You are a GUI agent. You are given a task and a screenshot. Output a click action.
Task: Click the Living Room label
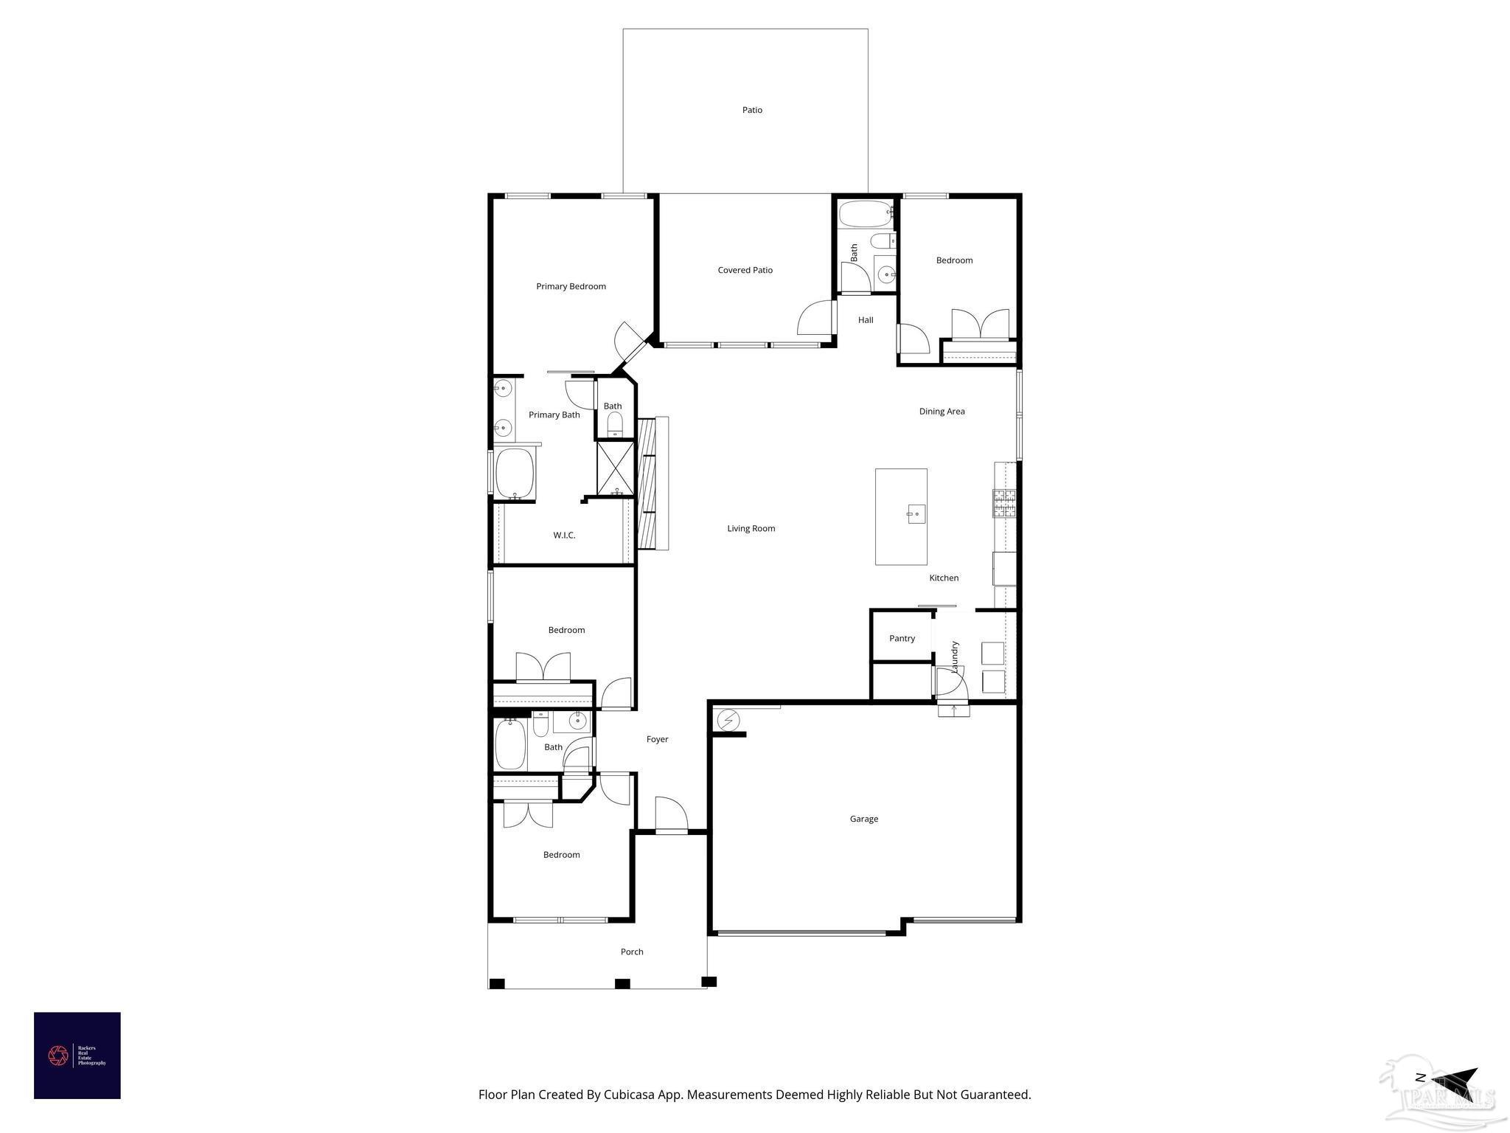click(x=751, y=528)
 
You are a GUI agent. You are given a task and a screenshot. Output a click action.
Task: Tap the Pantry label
click(x=902, y=638)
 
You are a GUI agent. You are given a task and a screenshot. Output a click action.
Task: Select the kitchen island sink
click(x=916, y=513)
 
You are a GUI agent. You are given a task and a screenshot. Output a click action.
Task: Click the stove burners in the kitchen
click(x=1004, y=503)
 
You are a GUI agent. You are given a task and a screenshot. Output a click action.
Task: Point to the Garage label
click(x=863, y=819)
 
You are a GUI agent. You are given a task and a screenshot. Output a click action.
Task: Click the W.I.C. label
click(x=564, y=535)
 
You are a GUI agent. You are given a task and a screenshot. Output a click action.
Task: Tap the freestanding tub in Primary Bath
click(x=515, y=474)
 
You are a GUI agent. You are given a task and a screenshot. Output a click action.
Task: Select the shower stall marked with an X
click(x=615, y=467)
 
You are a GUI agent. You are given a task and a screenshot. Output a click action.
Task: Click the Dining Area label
click(x=942, y=412)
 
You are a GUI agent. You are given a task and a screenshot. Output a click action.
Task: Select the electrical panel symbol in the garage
click(x=728, y=719)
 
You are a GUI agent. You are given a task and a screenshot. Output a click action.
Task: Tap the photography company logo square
click(x=77, y=1056)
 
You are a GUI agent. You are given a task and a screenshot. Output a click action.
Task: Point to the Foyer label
click(x=657, y=739)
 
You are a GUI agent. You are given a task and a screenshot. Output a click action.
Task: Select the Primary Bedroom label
click(x=571, y=286)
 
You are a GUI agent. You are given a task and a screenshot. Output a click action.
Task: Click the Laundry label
click(x=955, y=656)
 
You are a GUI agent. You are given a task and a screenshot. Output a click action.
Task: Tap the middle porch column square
click(x=622, y=983)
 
